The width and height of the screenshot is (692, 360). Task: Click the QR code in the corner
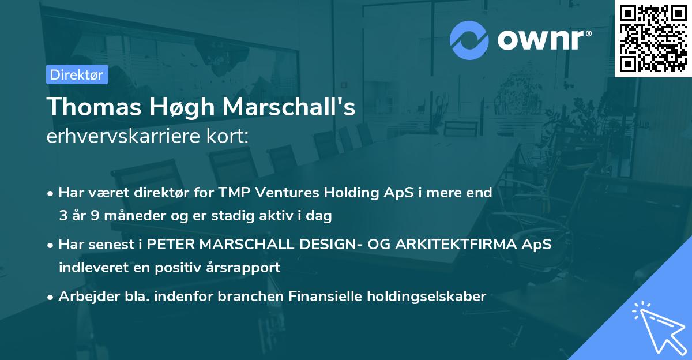653,39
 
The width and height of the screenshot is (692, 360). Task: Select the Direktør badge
77,74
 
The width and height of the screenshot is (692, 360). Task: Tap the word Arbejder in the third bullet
83,297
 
